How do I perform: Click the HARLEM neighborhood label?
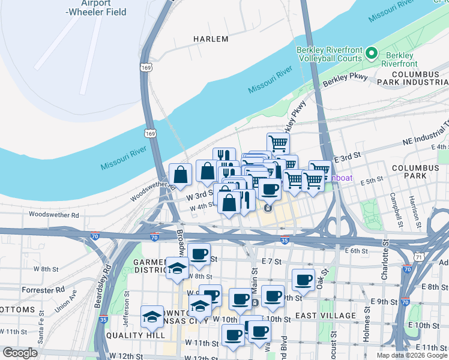211,39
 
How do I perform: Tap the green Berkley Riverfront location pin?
372,54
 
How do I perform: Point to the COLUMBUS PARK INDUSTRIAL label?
412,77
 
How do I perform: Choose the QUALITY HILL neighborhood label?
131,335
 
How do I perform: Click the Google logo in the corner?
20,353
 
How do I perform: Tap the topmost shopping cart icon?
278,143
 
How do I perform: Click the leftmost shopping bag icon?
180,175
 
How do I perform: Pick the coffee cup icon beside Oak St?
303,280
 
